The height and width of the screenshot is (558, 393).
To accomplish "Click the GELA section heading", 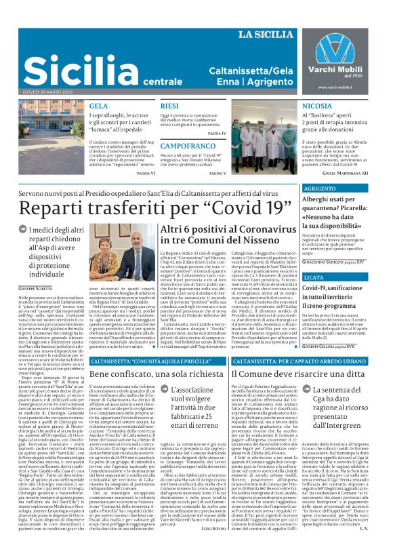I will tap(98, 106).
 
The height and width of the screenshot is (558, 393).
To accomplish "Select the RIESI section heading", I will tap(169, 106).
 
